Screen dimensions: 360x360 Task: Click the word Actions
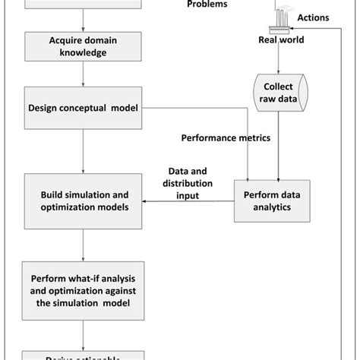[312, 17]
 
